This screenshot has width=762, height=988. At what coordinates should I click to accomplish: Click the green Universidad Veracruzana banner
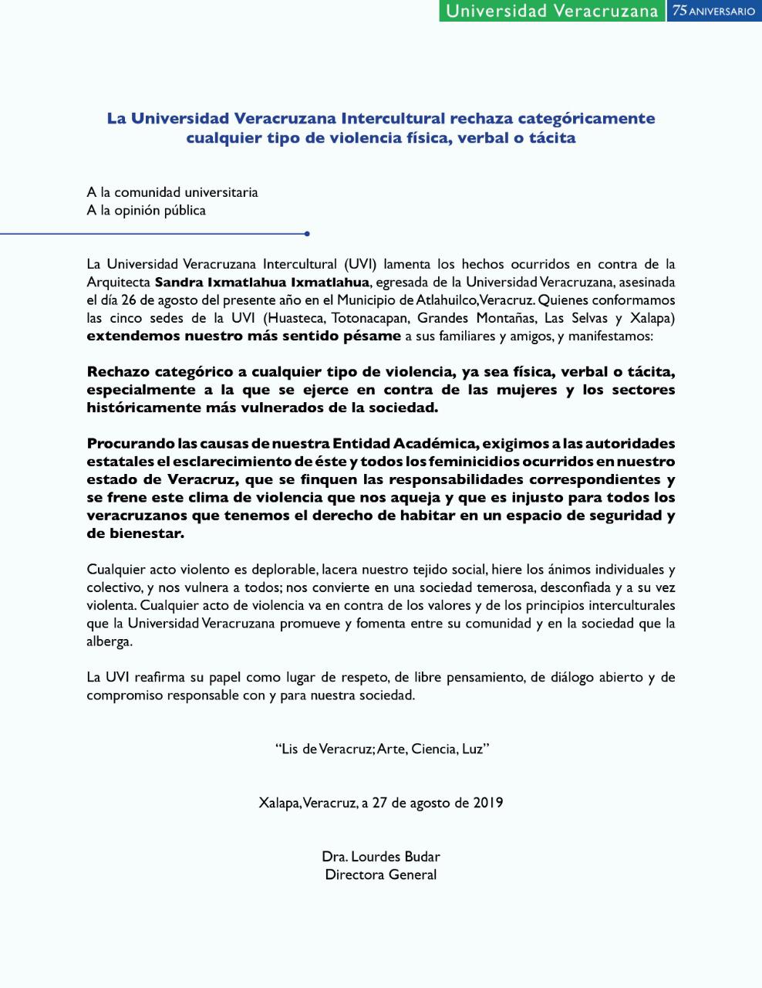[x=551, y=11]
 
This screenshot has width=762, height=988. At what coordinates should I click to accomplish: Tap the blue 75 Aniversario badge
[x=713, y=11]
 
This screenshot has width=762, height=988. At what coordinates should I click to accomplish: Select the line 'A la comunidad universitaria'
[x=172, y=192]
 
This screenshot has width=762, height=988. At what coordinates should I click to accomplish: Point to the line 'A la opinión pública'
[x=146, y=210]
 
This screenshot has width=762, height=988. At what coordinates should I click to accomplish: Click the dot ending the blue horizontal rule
[x=307, y=233]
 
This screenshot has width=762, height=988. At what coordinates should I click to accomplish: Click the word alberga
[x=109, y=641]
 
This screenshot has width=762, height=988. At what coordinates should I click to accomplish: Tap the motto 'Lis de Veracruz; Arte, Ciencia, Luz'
[x=382, y=749]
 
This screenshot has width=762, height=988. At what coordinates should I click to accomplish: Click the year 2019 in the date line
[x=487, y=802]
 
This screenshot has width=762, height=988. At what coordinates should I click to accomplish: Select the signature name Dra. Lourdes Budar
[x=381, y=856]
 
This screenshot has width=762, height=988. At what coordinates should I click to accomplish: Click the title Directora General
[x=381, y=875]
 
